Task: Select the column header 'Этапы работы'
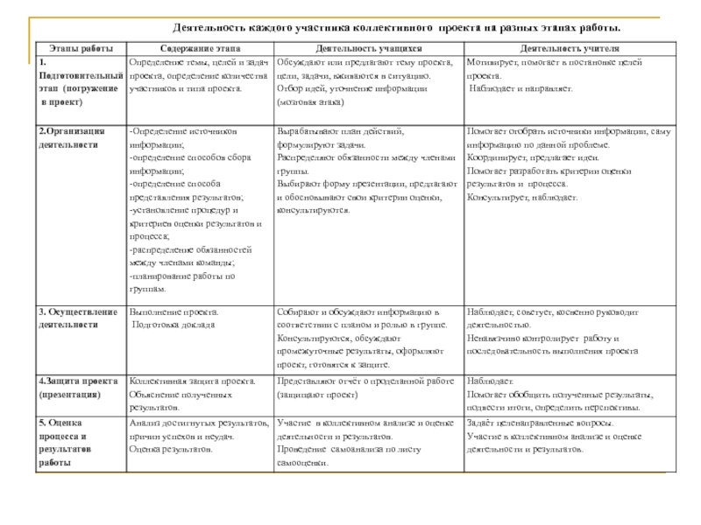(81, 50)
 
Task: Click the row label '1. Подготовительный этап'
(80, 83)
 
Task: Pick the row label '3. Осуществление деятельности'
(78, 318)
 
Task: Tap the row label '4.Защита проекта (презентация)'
(78, 388)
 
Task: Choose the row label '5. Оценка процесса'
(63, 442)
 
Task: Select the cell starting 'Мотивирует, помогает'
(556, 76)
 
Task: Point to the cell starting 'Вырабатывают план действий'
(366, 171)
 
